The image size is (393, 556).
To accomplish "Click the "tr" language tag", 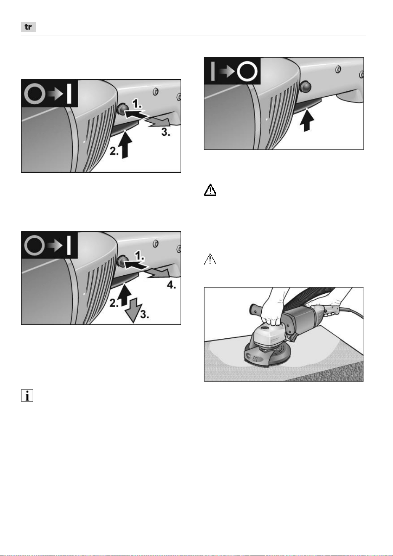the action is pos(28,27).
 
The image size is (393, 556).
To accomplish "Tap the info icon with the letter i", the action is pos(27,395).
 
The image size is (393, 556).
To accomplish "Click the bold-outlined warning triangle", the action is pos(210,190).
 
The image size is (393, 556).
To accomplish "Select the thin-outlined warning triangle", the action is pos(210,259).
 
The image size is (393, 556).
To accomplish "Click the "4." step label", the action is pos(171,285).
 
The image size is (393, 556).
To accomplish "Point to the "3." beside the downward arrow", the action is pos(145,314).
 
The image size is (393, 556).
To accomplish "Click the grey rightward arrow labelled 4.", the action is pos(158,274).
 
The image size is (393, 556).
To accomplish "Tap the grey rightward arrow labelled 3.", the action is pos(158,121).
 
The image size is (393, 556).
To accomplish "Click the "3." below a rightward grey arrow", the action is pos(166,132).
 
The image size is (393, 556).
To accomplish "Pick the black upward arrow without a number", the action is pos(307,121).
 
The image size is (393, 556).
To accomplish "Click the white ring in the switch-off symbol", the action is pos(247,71).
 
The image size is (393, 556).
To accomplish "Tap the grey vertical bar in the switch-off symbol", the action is pos(213,71).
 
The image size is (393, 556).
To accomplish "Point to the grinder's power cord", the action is pos(351,312).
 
